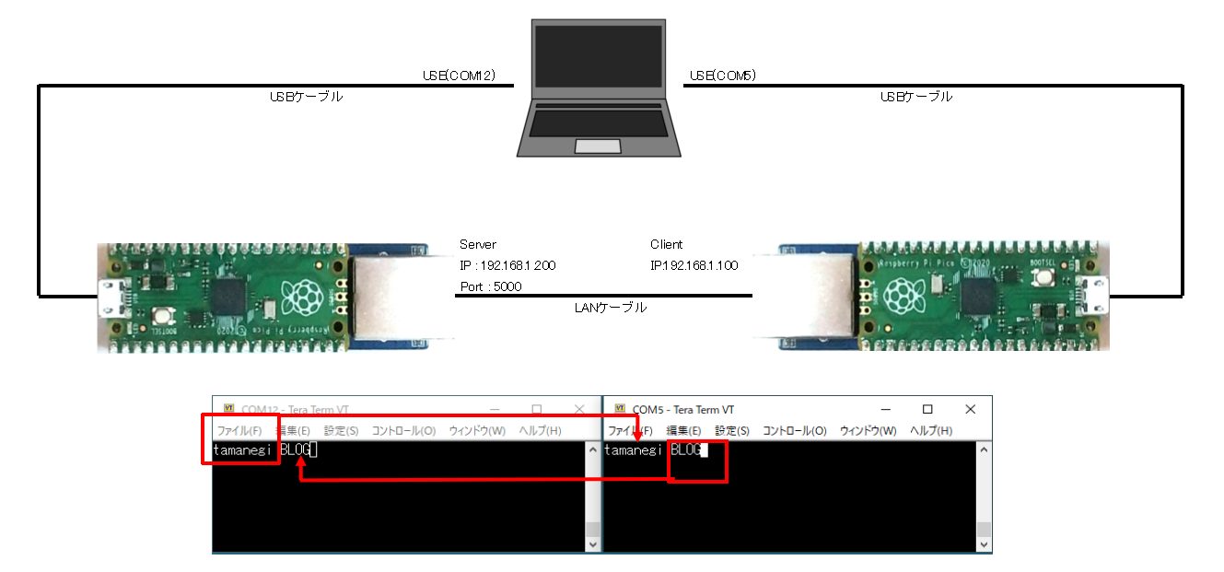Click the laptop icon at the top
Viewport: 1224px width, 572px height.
click(x=598, y=88)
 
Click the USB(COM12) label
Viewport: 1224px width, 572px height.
click(x=460, y=76)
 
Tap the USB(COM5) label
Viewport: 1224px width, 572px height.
click(x=723, y=76)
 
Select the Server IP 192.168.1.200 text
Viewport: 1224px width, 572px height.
click(x=507, y=265)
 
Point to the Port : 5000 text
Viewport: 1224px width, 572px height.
click(x=490, y=286)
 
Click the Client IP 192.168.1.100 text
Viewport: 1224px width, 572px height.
click(x=694, y=265)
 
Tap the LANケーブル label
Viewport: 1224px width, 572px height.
click(x=610, y=308)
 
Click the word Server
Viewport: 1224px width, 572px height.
click(x=478, y=244)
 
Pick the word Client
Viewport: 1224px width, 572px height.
click(x=667, y=244)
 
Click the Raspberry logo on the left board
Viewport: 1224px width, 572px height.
click(x=300, y=297)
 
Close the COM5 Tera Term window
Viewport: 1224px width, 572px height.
click(x=970, y=409)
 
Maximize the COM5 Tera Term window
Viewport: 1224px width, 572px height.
click(x=927, y=409)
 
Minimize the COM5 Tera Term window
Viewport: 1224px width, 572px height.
click(x=885, y=409)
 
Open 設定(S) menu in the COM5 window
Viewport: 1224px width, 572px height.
click(x=732, y=430)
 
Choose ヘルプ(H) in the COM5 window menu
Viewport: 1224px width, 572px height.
click(x=930, y=430)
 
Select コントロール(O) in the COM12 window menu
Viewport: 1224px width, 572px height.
click(x=403, y=430)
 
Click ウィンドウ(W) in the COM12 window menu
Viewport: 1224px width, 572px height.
click(x=477, y=430)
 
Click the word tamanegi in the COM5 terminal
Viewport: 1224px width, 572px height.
click(x=634, y=450)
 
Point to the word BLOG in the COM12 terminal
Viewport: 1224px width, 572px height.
click(x=295, y=450)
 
